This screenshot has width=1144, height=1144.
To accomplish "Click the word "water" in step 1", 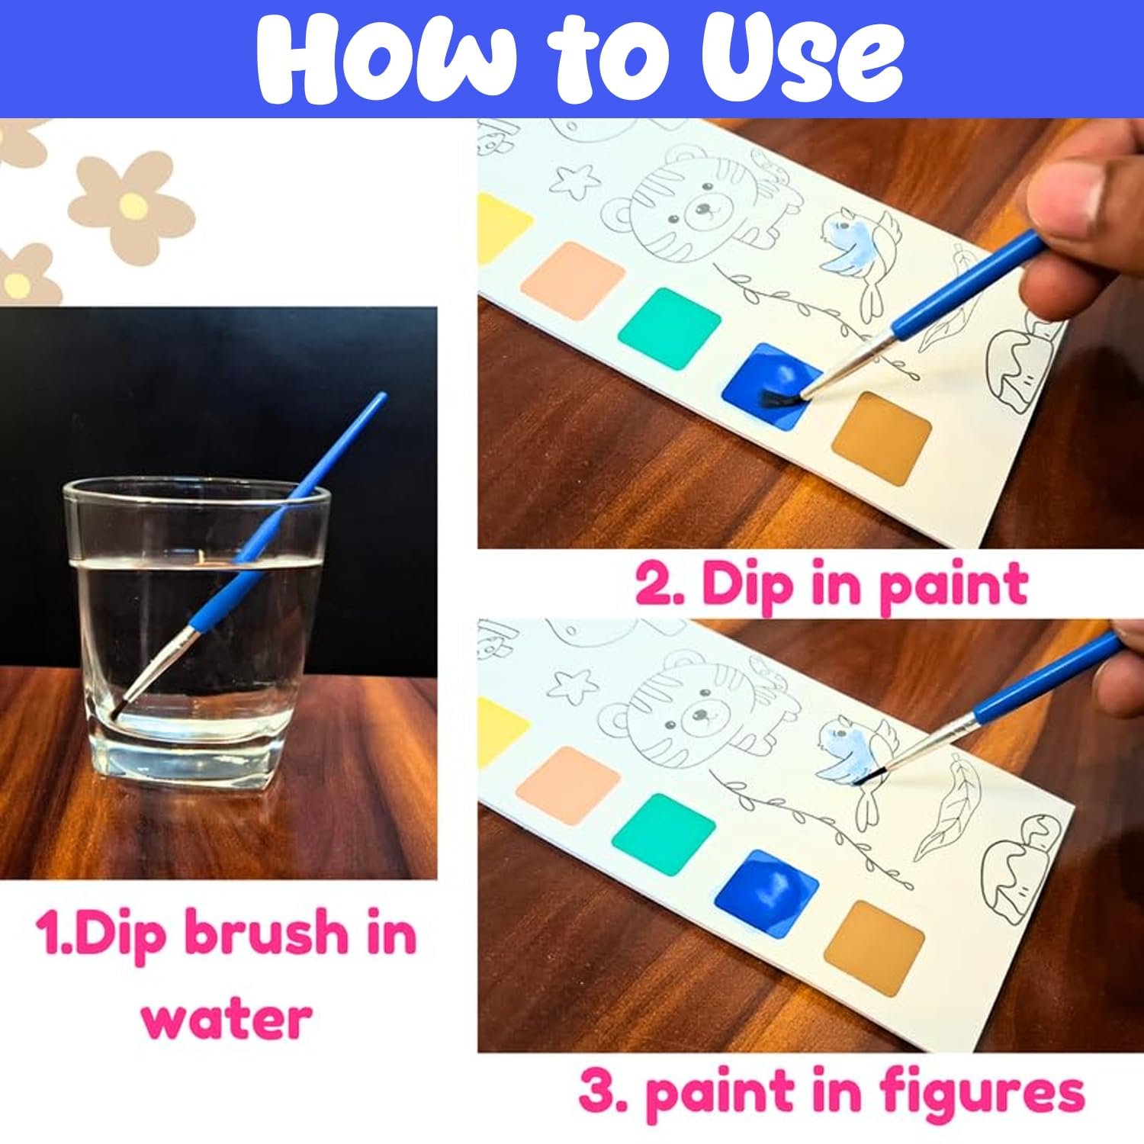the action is coord(227,1017).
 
